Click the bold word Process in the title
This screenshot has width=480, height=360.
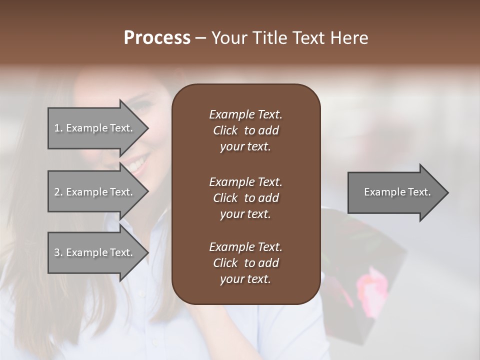pos(157,38)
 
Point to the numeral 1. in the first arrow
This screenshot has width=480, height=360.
pos(58,128)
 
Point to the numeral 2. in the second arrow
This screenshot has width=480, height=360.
pos(58,192)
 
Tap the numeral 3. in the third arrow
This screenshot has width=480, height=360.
pos(58,252)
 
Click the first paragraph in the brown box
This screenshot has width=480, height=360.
pos(245,130)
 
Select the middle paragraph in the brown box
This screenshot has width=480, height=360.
pos(245,197)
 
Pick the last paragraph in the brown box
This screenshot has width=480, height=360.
pos(245,263)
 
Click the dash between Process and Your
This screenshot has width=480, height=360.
pos(201,38)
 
